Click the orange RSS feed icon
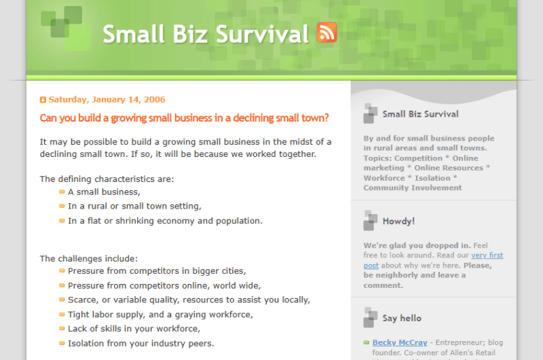(326, 33)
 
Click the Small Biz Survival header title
(206, 34)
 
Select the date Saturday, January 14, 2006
(107, 99)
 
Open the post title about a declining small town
(184, 118)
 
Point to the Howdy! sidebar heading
(398, 221)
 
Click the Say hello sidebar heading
(402, 318)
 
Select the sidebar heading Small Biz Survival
(420, 114)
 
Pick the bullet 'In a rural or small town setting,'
(134, 206)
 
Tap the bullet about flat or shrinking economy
(165, 221)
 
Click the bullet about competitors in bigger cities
(157, 271)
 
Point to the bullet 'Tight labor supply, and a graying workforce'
(160, 314)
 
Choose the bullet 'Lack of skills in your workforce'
(134, 329)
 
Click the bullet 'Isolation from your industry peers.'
(141, 343)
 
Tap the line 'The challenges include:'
(89, 258)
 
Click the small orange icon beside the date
(43, 100)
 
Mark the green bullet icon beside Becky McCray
(367, 342)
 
